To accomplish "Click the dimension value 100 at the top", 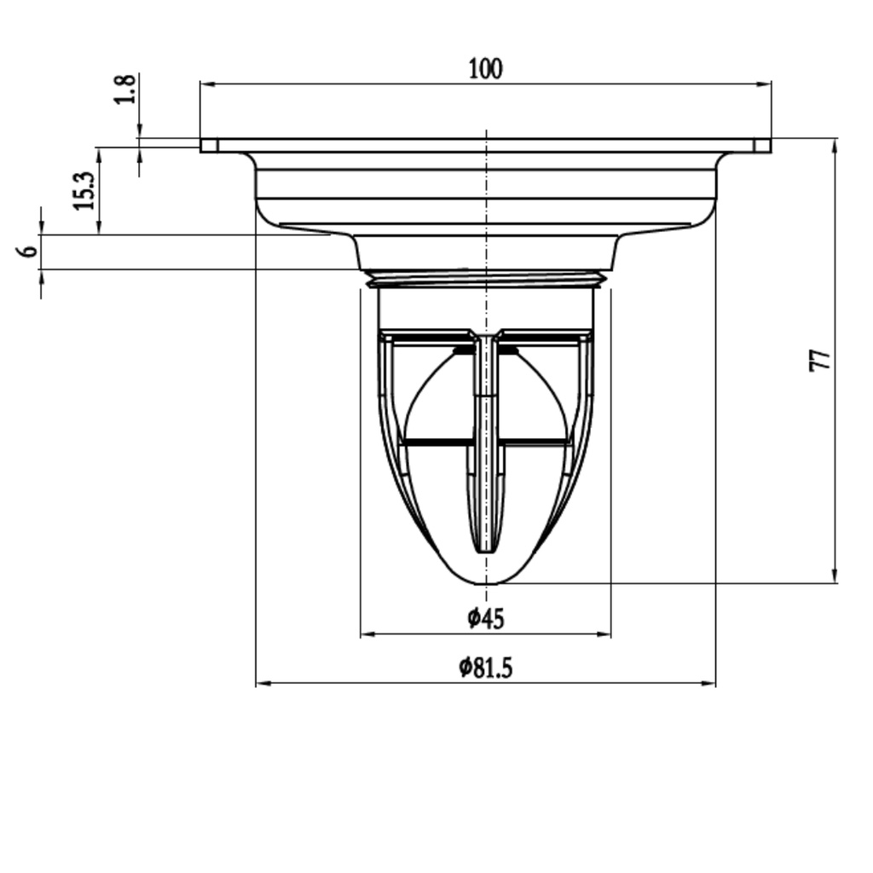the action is [x=485, y=69].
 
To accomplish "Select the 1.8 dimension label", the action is [x=124, y=89].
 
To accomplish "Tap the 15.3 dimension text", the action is [x=84, y=191].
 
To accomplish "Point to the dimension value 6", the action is [x=28, y=251].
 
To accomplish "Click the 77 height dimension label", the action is [x=820, y=361].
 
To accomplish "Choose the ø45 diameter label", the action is [x=486, y=619].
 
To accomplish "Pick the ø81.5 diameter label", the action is [x=485, y=668].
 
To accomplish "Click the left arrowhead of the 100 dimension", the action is [x=207, y=84].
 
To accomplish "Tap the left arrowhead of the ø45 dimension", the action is [x=367, y=634].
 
